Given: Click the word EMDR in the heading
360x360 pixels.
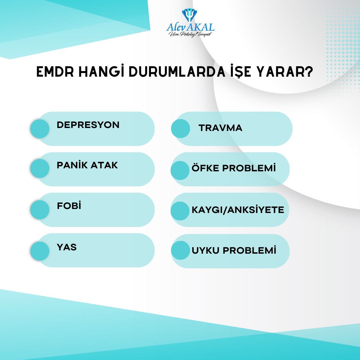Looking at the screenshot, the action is pyautogui.click(x=55, y=72).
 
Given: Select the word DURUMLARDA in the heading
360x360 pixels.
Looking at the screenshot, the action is pyautogui.click(x=177, y=72).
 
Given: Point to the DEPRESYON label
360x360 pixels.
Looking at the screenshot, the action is pyautogui.click(x=88, y=125).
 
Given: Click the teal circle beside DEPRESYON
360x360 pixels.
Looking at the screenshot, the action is pyautogui.click(x=40, y=129).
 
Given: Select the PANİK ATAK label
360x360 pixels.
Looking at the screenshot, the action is pyautogui.click(x=87, y=165).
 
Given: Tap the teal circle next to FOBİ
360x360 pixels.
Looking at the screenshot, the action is pyautogui.click(x=40, y=210).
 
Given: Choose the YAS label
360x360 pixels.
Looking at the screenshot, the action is pyautogui.click(x=67, y=247).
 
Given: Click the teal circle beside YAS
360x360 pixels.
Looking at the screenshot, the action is pyautogui.click(x=40, y=251).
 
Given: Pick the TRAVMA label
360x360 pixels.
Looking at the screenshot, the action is pyautogui.click(x=220, y=128).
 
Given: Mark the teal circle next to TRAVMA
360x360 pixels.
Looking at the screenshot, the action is pyautogui.click(x=180, y=129).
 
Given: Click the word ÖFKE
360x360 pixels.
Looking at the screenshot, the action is pyautogui.click(x=205, y=168).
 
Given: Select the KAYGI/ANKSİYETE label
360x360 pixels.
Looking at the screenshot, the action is pyautogui.click(x=238, y=210).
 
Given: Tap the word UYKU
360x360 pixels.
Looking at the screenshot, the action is pyautogui.click(x=205, y=250).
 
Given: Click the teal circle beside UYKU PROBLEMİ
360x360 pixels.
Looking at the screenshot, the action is pyautogui.click(x=180, y=250).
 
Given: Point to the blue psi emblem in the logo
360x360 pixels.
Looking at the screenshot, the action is pyautogui.click(x=189, y=15).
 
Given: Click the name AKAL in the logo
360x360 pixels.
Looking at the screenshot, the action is pyautogui.click(x=201, y=27).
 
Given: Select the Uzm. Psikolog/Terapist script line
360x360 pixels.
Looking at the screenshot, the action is pyautogui.click(x=191, y=34).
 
